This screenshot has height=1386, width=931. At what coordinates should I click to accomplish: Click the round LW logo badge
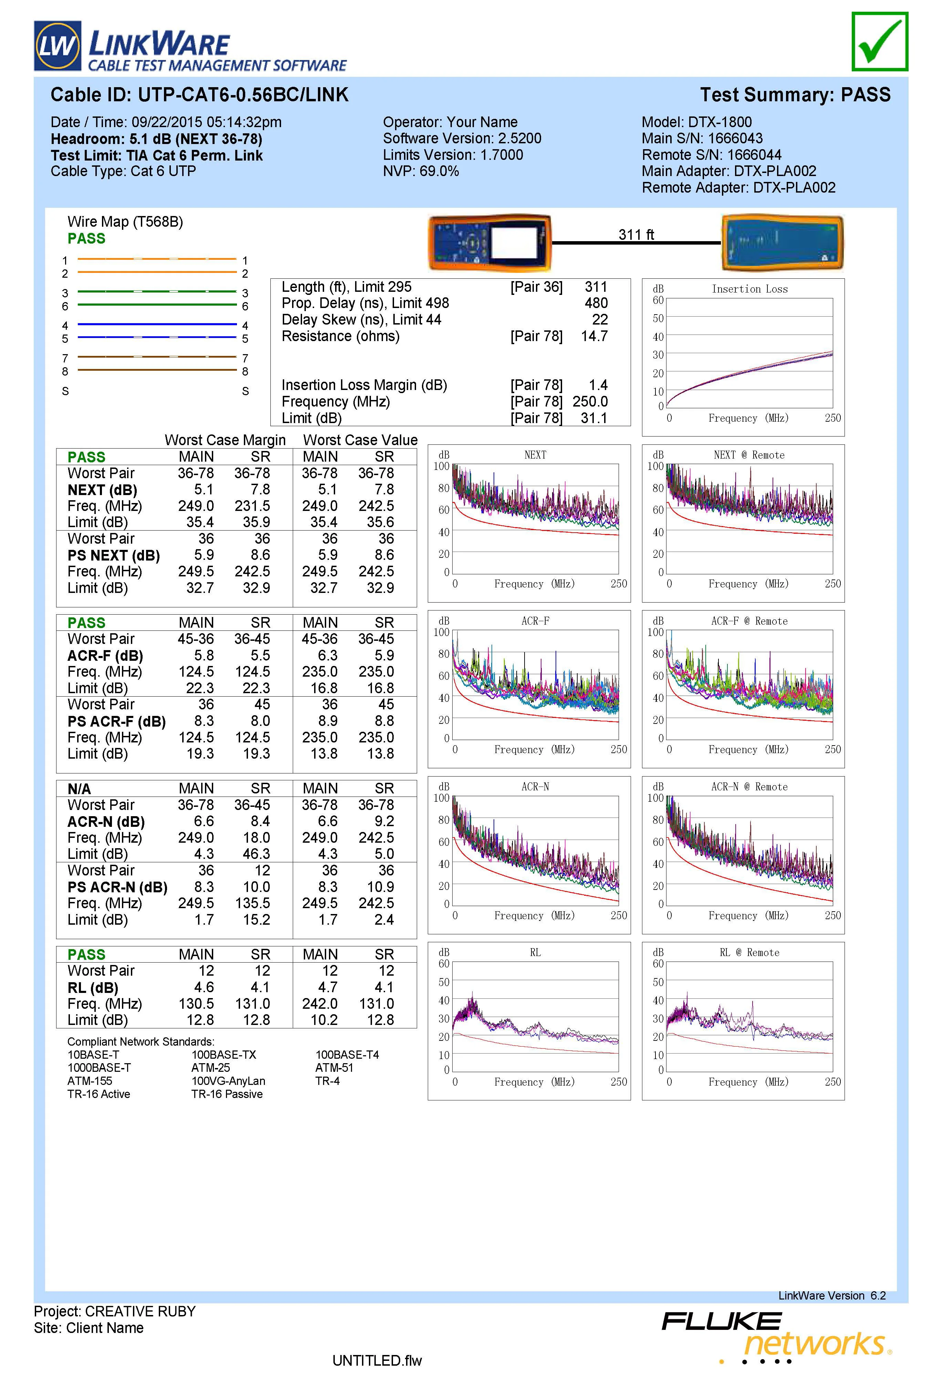[x=58, y=46]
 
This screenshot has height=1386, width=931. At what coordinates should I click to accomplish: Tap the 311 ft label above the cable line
[x=636, y=235]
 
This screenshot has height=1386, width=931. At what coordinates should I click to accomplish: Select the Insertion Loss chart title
[x=749, y=289]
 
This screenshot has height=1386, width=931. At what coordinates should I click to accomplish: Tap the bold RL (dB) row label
[x=93, y=987]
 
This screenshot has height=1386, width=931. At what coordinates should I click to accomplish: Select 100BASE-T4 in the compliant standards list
[x=347, y=1055]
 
